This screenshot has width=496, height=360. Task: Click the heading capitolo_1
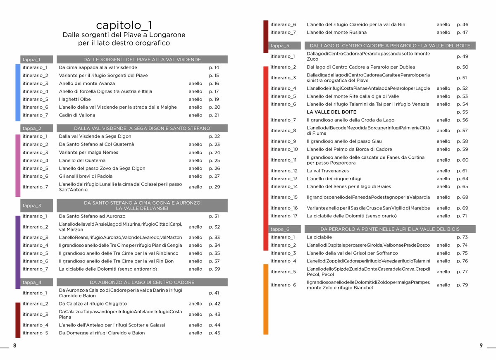click(124, 25)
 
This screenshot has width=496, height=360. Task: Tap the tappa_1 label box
click(36, 60)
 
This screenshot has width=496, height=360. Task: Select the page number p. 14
click(214, 67)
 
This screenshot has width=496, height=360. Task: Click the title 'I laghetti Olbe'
click(74, 99)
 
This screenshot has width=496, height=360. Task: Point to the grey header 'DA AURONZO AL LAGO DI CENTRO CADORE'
click(142, 282)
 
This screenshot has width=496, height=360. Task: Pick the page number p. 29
click(214, 187)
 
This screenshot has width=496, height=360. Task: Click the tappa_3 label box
click(36, 205)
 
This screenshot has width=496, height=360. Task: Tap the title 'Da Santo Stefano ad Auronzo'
click(92, 216)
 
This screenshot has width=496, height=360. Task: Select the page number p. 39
click(214, 269)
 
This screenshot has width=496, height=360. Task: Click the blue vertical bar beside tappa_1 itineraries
click(18, 92)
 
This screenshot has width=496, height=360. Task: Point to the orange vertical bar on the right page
click(266, 298)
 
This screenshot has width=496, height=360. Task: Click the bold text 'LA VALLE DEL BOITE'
click(331, 112)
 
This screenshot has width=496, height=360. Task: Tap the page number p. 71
click(462, 216)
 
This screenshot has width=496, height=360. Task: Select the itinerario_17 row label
click(284, 216)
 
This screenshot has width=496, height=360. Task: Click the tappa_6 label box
click(284, 229)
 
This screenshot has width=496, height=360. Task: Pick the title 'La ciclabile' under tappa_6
click(319, 237)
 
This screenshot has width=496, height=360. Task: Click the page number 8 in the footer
click(15, 346)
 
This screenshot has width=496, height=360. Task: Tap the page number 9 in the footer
click(481, 346)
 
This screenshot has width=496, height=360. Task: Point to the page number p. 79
click(462, 285)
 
